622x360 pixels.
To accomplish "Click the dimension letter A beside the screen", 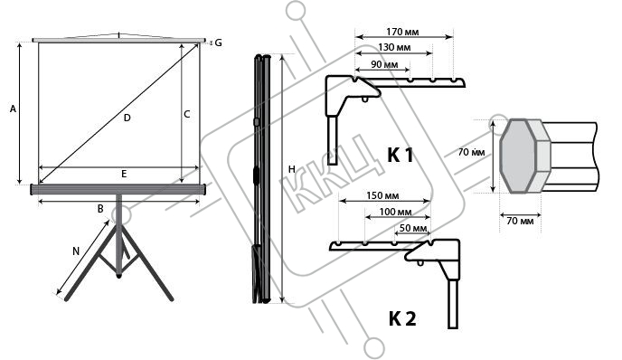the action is [13, 109].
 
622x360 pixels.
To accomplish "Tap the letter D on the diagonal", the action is [127, 118].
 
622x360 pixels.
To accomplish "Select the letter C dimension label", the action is [187, 114].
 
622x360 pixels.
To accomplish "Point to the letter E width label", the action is [124, 174].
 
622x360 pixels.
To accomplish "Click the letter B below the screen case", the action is [100, 208].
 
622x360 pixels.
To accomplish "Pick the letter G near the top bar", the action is [218, 43].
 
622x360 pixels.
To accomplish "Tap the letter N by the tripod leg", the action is [76, 251].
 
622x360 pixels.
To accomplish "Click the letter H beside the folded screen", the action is [292, 169].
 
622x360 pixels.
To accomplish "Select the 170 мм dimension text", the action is [402, 32].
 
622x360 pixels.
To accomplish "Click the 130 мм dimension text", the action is [394, 48].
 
